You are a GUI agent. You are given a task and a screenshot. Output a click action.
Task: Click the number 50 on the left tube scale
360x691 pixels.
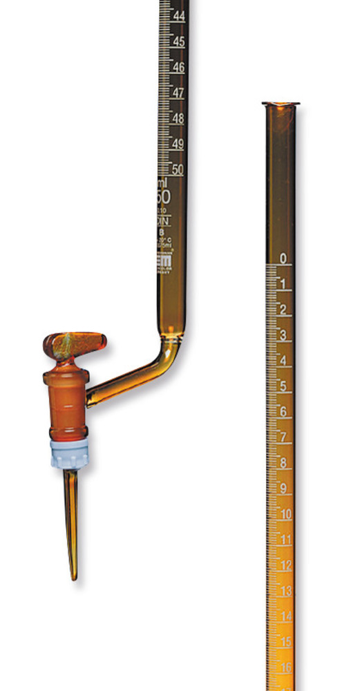(178, 169)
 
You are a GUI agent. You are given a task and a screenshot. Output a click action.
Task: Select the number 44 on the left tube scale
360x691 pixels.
(178, 15)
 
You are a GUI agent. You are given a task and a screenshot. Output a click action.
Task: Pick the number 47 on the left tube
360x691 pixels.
(178, 93)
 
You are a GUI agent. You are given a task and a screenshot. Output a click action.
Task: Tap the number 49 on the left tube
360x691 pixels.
(178, 144)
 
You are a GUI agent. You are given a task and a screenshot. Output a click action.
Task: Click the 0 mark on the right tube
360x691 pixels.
(283, 258)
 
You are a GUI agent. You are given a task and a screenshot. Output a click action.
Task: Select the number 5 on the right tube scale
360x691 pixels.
(283, 386)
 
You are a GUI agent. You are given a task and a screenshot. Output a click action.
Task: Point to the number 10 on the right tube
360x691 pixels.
(285, 514)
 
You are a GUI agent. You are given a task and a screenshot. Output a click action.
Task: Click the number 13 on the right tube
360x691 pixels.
(285, 591)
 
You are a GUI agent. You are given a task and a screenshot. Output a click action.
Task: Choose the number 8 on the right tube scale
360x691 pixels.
(284, 463)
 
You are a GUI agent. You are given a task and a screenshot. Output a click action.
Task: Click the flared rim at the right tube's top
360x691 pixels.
(281, 105)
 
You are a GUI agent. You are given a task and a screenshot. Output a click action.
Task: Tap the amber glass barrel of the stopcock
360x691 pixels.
(66, 397)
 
